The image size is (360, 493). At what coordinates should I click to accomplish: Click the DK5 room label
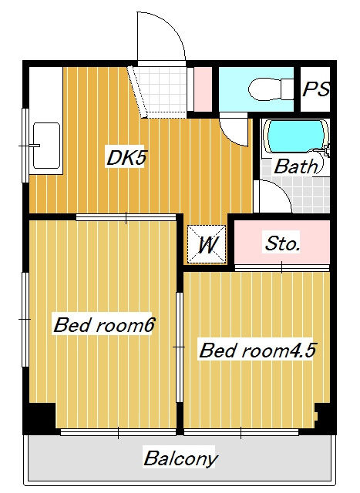[126, 158]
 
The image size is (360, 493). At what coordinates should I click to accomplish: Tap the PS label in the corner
[315, 89]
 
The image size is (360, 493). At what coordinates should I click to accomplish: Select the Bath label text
[296, 166]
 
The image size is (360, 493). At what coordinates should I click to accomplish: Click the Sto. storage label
[282, 243]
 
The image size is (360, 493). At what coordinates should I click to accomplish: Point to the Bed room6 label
[104, 325]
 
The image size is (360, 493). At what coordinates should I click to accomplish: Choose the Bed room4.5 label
[257, 350]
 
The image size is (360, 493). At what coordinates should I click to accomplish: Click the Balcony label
[180, 458]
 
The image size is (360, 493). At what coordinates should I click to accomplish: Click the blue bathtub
[294, 136]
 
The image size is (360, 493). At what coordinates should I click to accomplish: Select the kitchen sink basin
[46, 146]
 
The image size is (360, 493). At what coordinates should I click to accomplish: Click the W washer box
[207, 244]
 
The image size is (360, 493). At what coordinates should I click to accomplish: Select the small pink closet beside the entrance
[203, 89]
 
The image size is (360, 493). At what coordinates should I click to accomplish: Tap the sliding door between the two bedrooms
[180, 347]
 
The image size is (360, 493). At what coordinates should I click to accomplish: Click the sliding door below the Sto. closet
[282, 268]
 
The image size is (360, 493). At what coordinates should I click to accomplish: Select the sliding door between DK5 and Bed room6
[126, 217]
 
